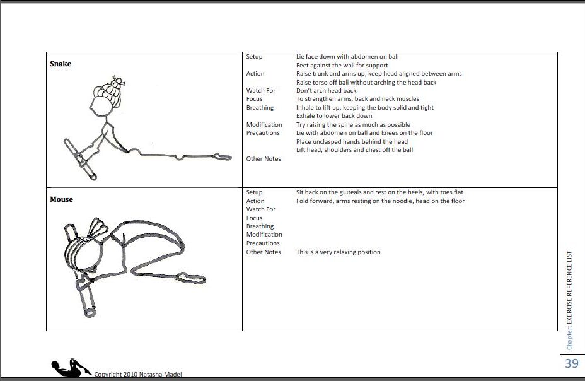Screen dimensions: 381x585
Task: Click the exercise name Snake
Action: tap(61, 64)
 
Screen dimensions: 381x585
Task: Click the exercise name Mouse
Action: tap(61, 199)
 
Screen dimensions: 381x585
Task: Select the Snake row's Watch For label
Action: tap(260, 91)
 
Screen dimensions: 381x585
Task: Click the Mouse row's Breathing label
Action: tap(260, 226)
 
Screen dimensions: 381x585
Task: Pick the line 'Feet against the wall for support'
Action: tap(342, 66)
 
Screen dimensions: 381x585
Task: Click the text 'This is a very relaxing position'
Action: tap(338, 252)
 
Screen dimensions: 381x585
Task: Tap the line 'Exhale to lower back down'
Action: tap(333, 116)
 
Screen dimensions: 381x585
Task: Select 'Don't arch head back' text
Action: tap(326, 91)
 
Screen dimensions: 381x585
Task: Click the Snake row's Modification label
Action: tap(264, 125)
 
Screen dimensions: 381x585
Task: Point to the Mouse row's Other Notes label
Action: tap(264, 252)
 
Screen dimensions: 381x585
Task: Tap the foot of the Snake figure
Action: tap(221, 155)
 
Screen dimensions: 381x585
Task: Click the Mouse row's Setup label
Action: tap(254, 192)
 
